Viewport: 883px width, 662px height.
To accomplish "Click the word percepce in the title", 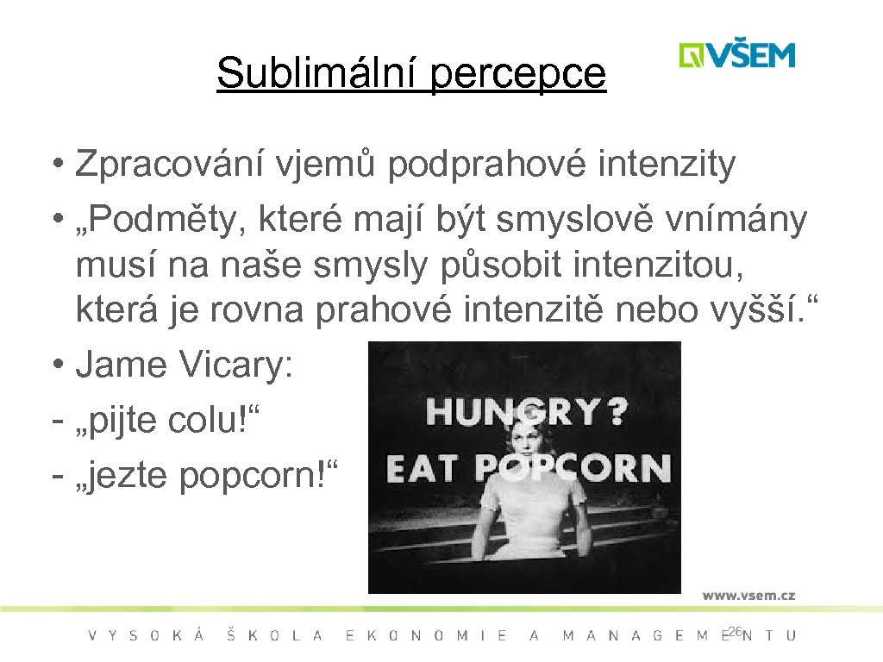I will (x=517, y=74).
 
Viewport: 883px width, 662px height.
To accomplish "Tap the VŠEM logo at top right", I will (x=736, y=55).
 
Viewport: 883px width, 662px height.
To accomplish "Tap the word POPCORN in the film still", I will (x=573, y=469).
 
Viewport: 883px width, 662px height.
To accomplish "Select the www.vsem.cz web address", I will (x=748, y=595).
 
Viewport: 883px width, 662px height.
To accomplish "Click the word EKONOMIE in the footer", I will (x=426, y=636).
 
